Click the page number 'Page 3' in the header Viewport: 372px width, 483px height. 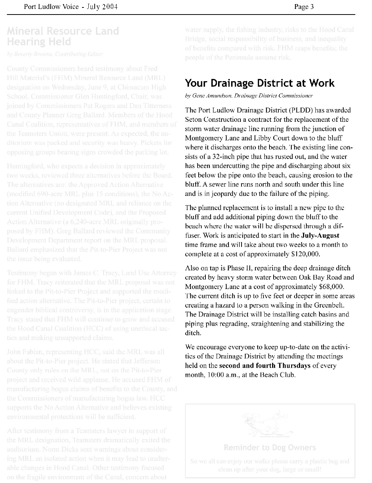pyautogui.click(x=304, y=6)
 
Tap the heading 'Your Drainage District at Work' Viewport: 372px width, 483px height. pyautogui.click(x=260, y=83)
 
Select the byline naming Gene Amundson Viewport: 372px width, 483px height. pyautogui.click(x=249, y=96)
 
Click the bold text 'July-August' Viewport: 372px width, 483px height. pyautogui.click(x=320, y=235)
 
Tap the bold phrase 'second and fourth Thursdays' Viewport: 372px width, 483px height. pyautogui.click(x=265, y=365)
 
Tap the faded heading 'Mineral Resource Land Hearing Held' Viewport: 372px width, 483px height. pyautogui.click(x=63, y=36)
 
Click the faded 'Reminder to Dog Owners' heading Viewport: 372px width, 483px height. pyautogui.click(x=269, y=447)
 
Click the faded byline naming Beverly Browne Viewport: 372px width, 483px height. pyautogui.click(x=54, y=54)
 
